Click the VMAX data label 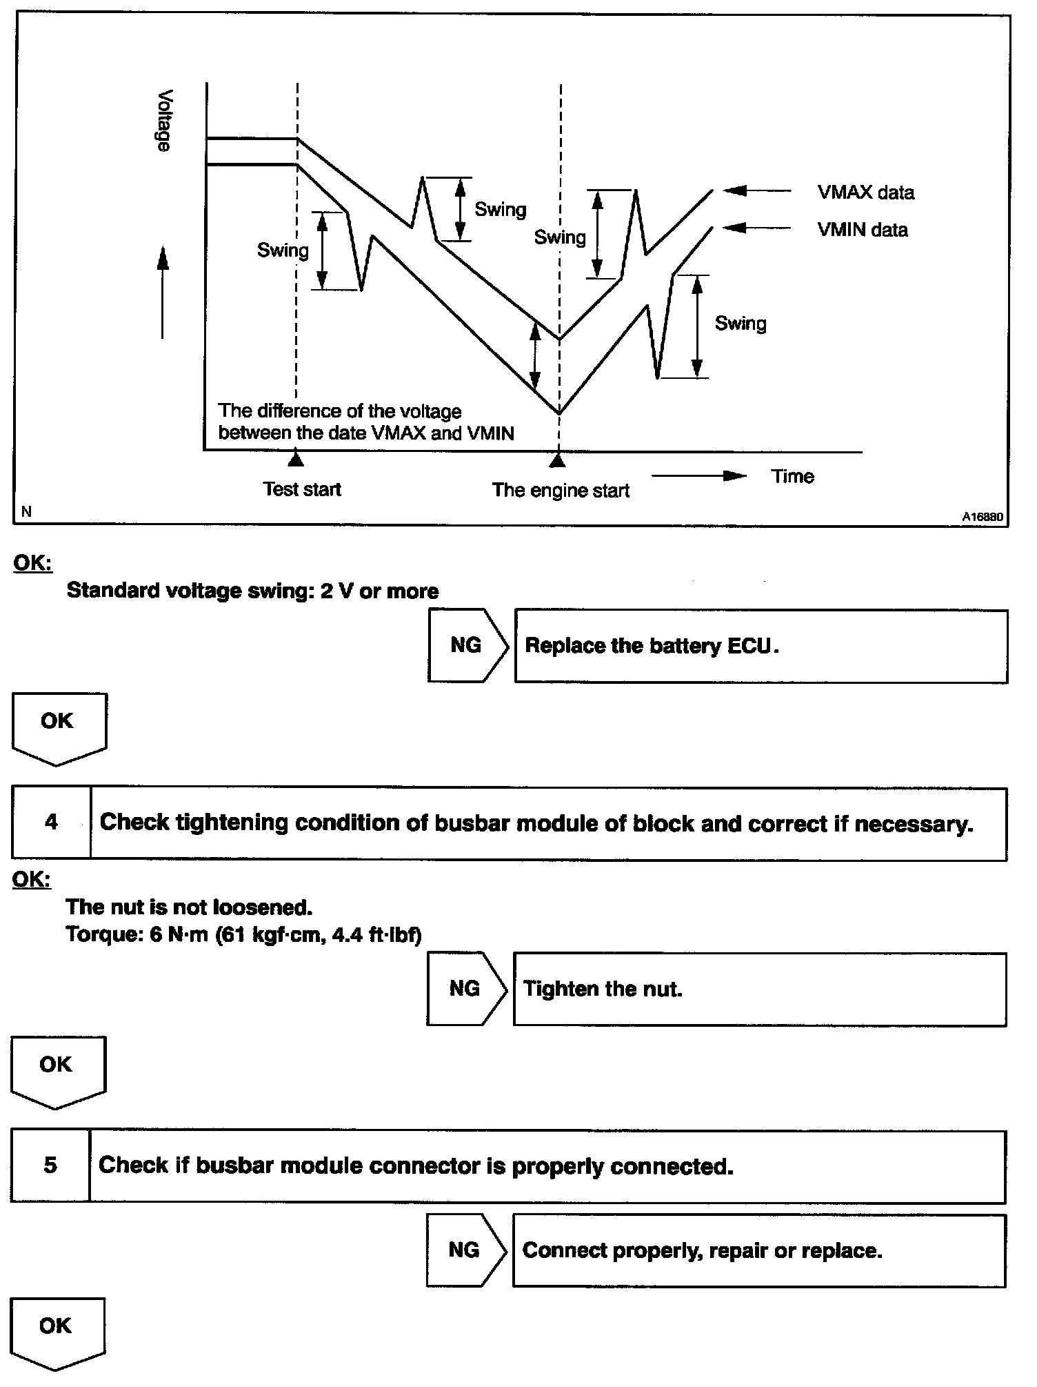point(865,193)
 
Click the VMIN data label point(862,230)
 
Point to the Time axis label point(792,476)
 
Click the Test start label point(302,489)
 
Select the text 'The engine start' point(561,491)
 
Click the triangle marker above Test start point(296,458)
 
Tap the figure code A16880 point(983,515)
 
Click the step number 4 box point(51,823)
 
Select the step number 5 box point(50,1165)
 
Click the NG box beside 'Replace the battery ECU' point(467,645)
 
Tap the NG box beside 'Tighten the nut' point(465,988)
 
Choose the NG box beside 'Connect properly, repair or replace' point(465,1250)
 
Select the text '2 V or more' point(379,591)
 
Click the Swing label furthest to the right point(741,324)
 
